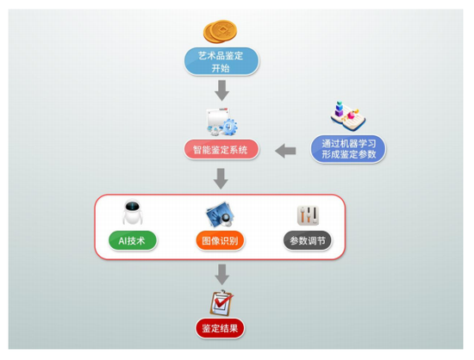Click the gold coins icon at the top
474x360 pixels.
pos(220,31)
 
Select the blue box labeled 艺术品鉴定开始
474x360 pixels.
pos(221,61)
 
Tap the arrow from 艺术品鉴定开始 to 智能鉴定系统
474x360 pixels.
pos(222,90)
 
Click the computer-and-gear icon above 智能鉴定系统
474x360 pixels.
pos(221,121)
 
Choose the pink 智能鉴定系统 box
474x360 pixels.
pos(221,149)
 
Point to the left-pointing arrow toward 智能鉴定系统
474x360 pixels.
pos(285,151)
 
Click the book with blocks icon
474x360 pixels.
pos(347,116)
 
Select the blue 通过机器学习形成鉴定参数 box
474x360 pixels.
pos(348,149)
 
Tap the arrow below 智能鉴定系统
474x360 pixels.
pos(221,179)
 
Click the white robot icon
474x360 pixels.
pos(133,213)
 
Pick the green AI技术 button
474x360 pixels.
pos(133,240)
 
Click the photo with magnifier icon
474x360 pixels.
pos(221,214)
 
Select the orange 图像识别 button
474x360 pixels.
pos(220,240)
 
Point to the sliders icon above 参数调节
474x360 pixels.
pos(308,215)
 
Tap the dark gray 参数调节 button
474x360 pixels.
pos(308,240)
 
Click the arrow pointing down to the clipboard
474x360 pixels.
pos(222,275)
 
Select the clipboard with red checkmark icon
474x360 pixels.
pos(221,303)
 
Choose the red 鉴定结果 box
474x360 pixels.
pos(220,328)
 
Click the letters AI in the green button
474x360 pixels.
pos(122,241)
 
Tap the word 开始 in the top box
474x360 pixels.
pos(221,68)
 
